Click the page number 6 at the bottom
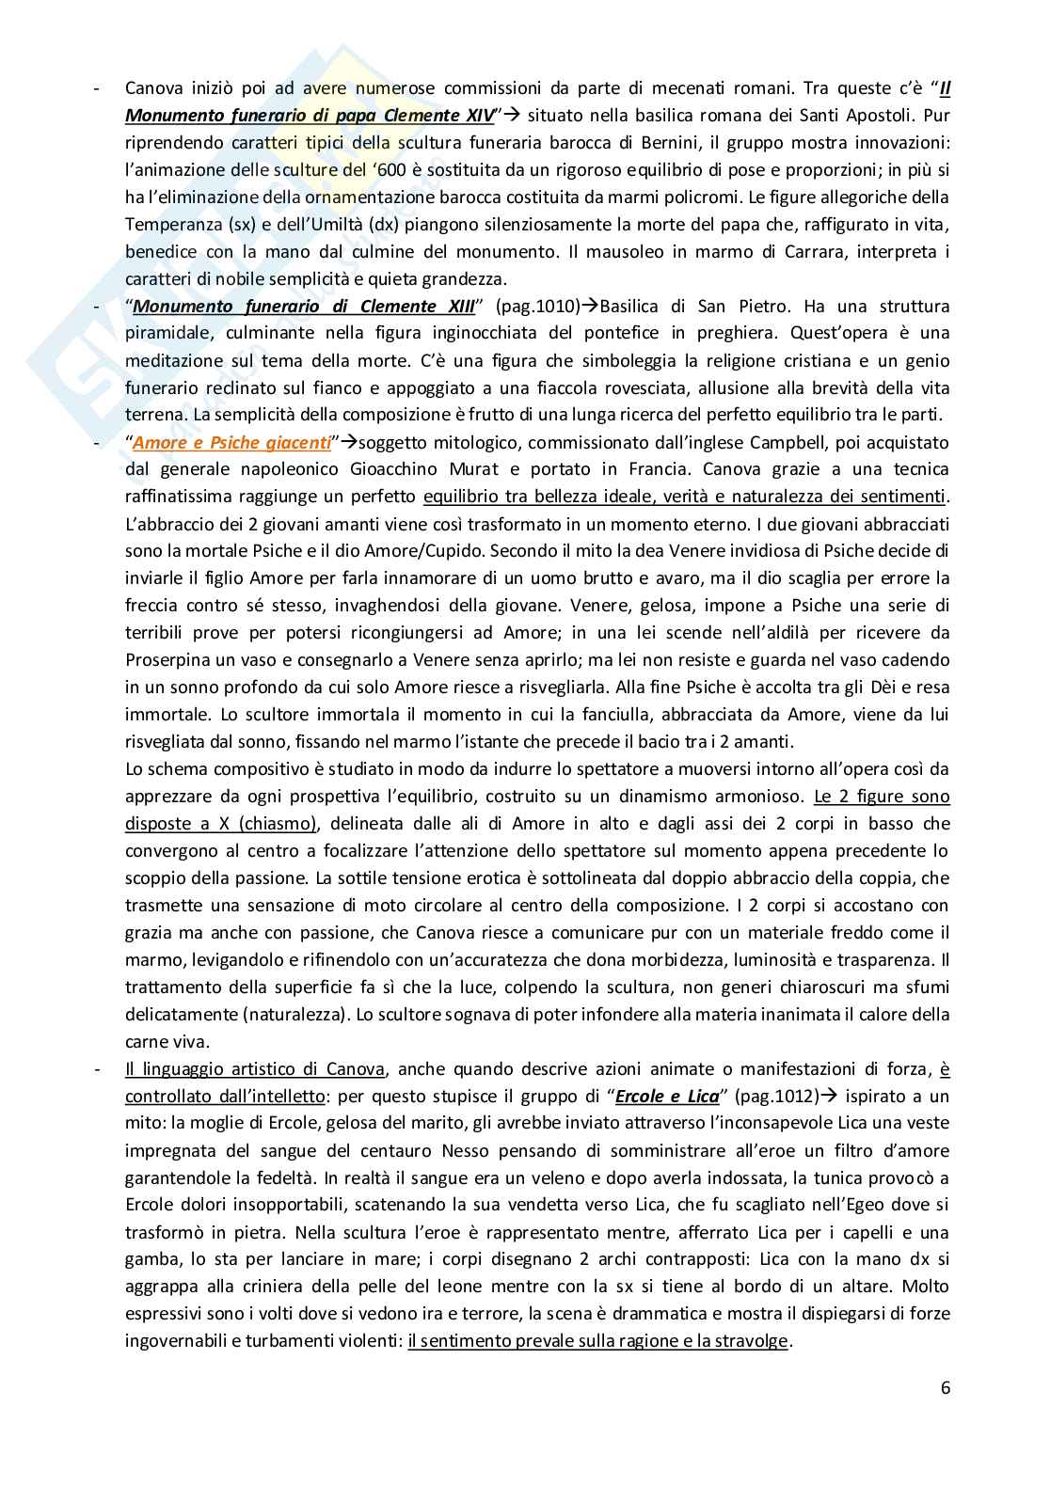pyautogui.click(x=945, y=1387)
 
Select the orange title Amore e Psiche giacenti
pyautogui.click(x=232, y=442)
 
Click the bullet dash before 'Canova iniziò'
pyautogui.click(x=98, y=88)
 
